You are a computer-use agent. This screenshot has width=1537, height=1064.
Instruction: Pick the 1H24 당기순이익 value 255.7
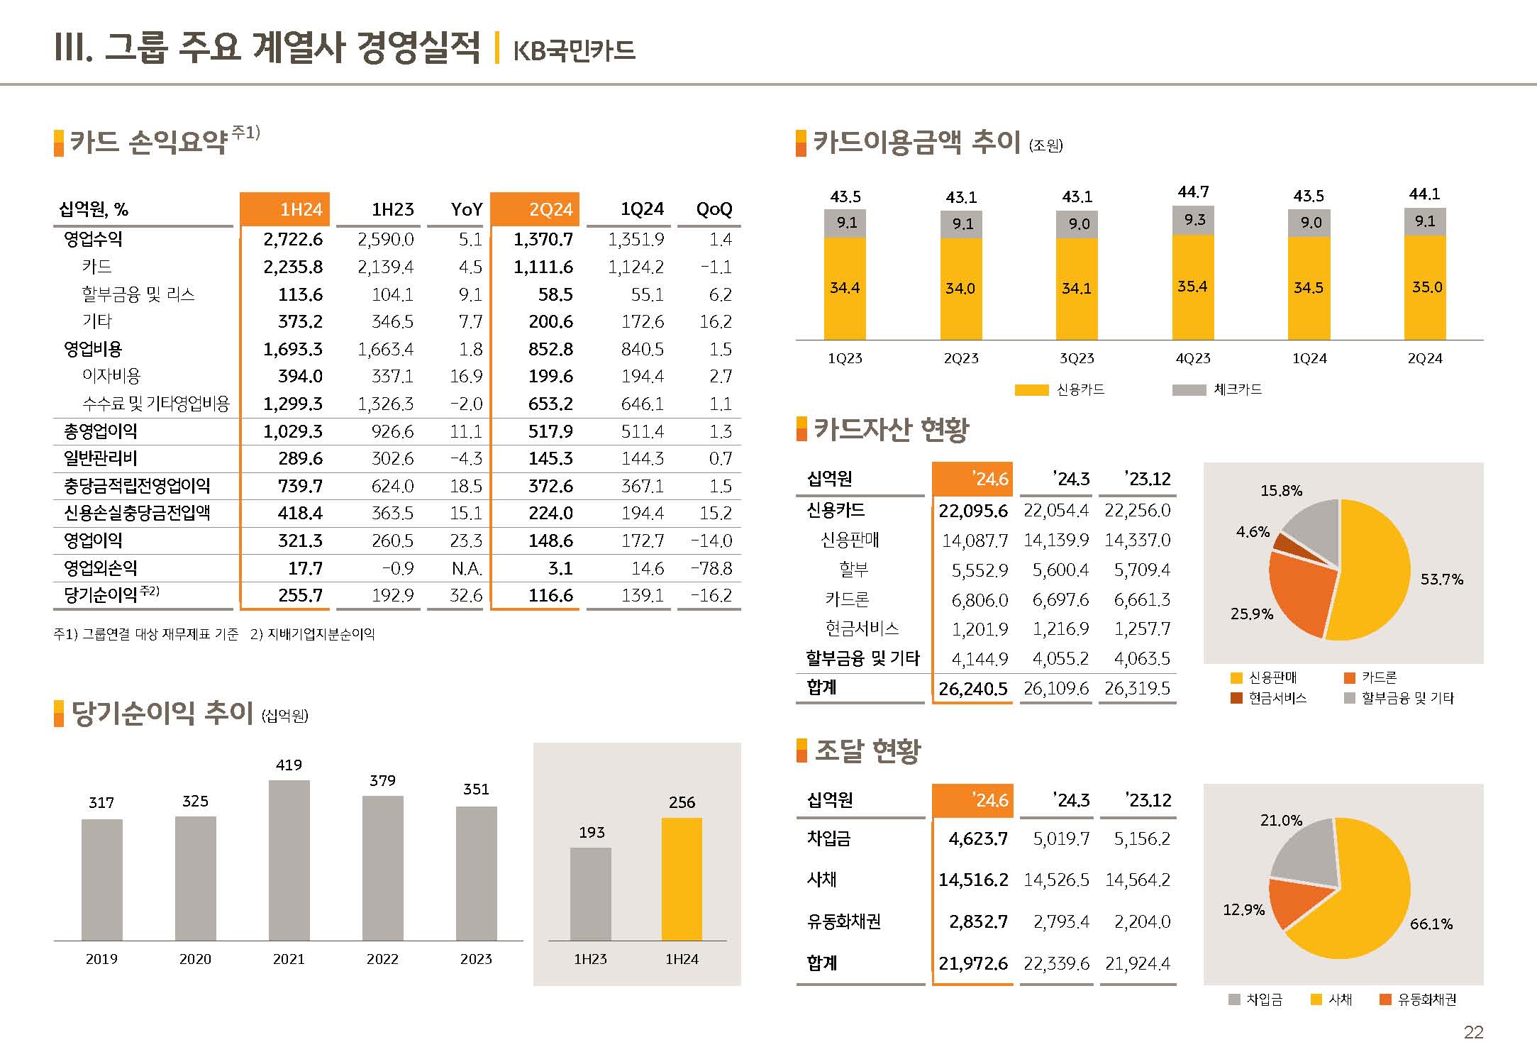click(x=300, y=595)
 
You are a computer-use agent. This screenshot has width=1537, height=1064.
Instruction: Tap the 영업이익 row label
click(x=93, y=541)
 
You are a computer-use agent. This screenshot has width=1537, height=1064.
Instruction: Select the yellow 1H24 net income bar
click(x=682, y=879)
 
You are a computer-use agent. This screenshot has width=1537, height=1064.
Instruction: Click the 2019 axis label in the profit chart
click(x=101, y=959)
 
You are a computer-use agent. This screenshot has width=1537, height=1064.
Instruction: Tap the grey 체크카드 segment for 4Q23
click(x=1193, y=221)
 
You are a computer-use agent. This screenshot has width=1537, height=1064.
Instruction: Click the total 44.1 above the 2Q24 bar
click(x=1424, y=194)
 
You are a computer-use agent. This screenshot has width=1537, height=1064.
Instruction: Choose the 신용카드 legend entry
click(x=1060, y=389)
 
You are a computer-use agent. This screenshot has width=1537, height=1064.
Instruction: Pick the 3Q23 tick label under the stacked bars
click(x=1077, y=358)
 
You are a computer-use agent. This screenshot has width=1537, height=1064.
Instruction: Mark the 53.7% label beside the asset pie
click(x=1441, y=579)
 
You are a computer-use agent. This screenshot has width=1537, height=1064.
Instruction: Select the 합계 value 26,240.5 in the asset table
click(x=972, y=689)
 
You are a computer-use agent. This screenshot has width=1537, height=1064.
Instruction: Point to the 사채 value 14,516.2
click(x=973, y=880)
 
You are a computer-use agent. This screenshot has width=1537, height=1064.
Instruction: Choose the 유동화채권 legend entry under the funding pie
click(x=1418, y=999)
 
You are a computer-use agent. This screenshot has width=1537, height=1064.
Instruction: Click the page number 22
click(x=1473, y=1032)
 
